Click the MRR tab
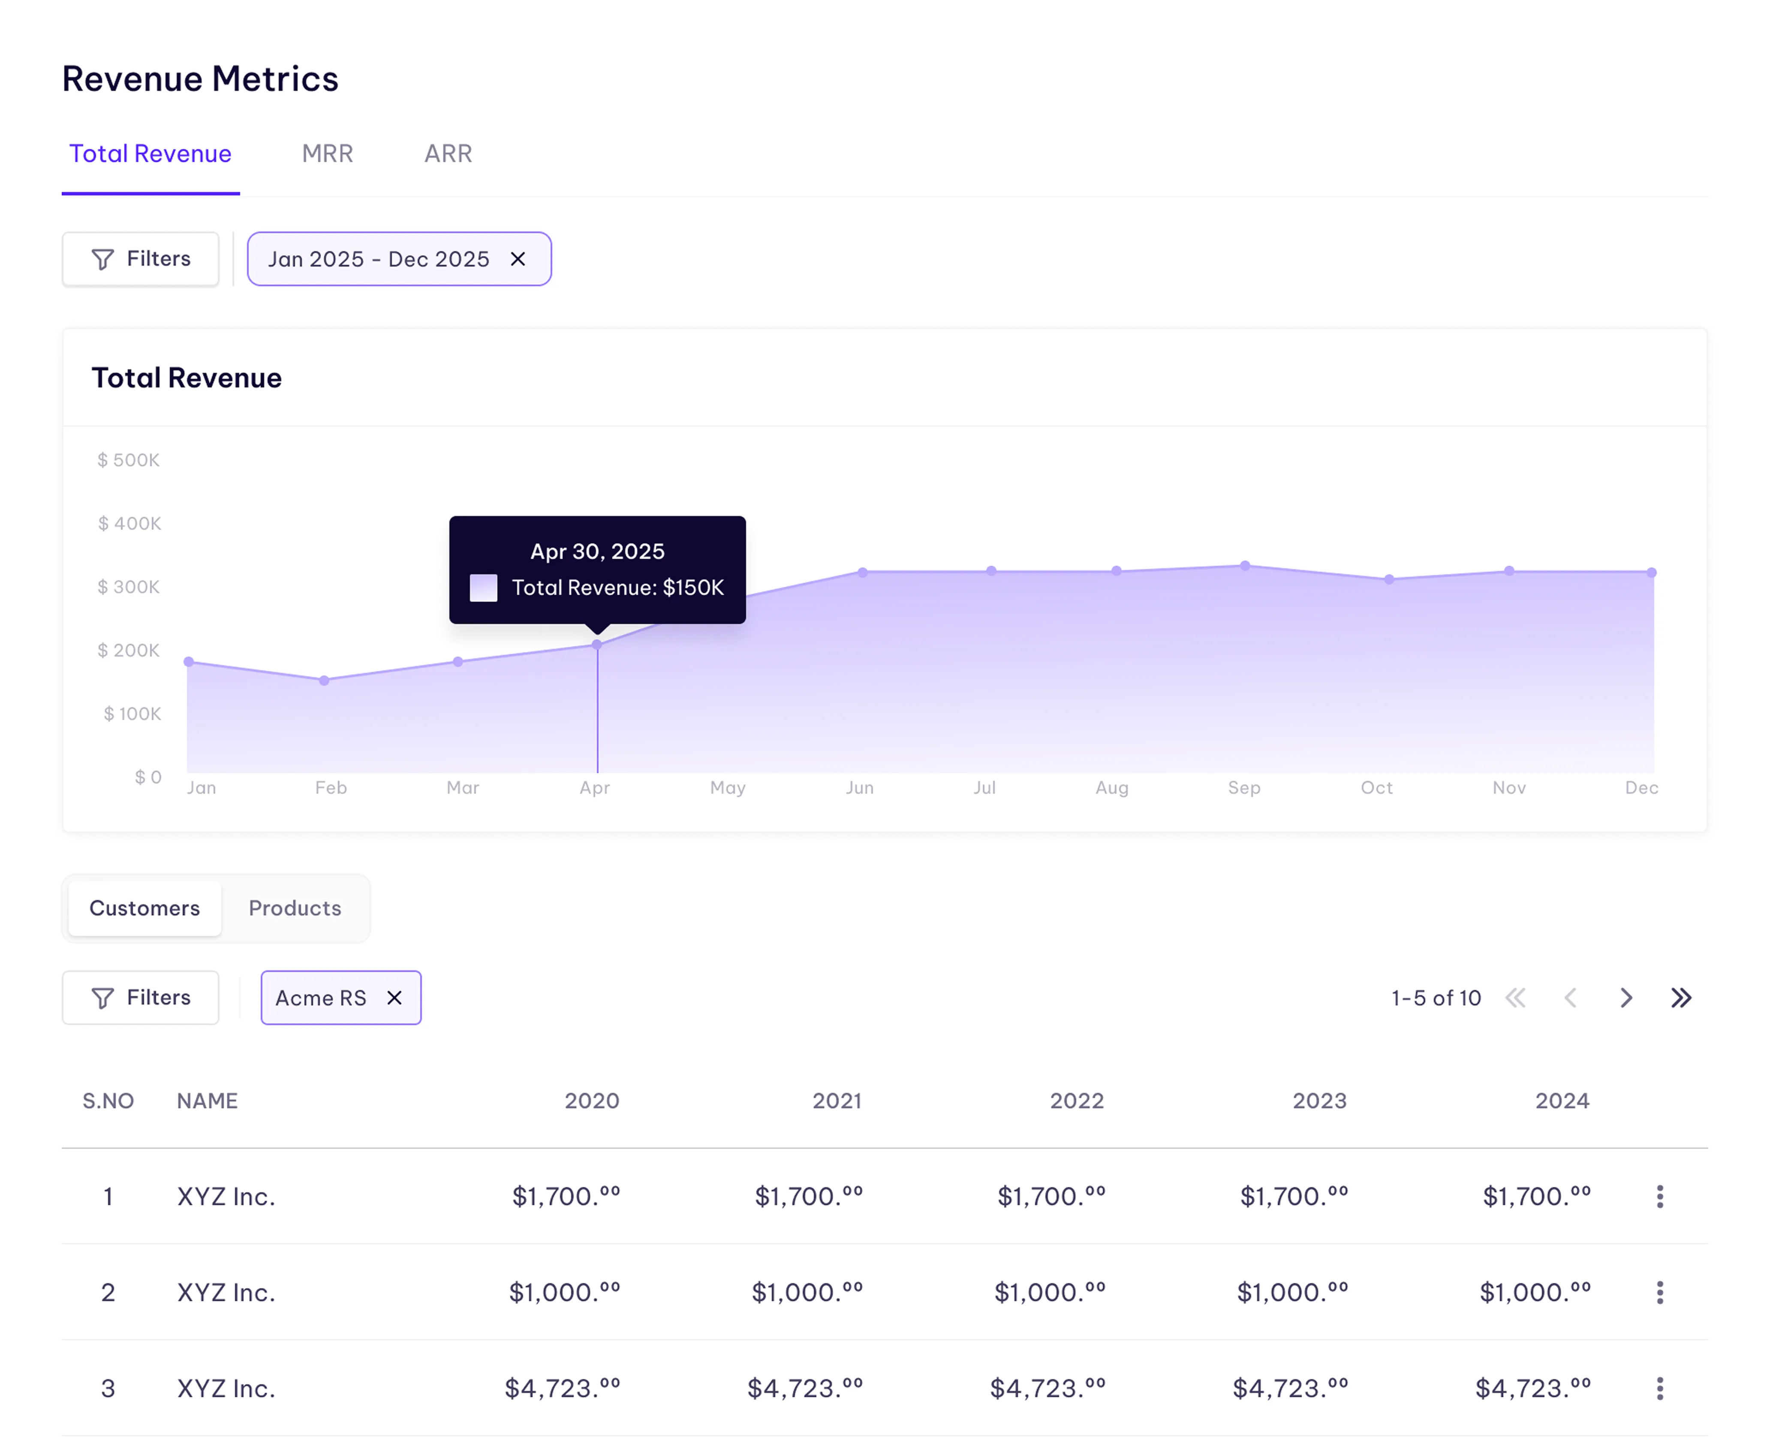tap(327, 153)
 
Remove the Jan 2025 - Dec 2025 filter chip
tap(518, 259)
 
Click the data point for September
tap(1245, 566)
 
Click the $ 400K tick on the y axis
tap(129, 523)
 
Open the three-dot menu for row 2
tap(1660, 1292)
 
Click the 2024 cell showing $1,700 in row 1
tap(1536, 1196)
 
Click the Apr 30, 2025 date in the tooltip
tap(597, 552)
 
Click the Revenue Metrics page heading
tap(200, 79)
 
